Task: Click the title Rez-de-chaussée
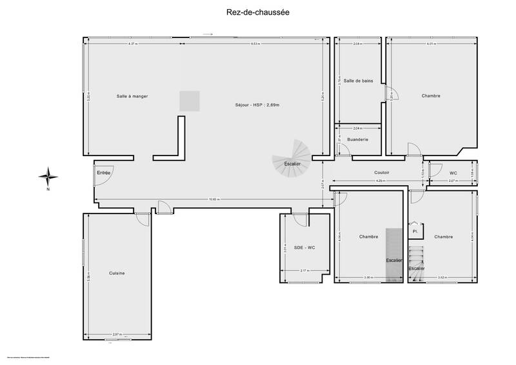pos(257,11)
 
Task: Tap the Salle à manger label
pos(132,96)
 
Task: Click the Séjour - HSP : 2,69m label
pos(257,104)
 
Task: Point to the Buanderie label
pos(357,140)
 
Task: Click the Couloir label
pos(381,172)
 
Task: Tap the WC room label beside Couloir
pos(453,172)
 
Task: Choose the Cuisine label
pos(117,273)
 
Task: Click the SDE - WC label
pos(304,248)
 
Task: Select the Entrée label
pos(103,173)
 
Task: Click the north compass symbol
pos(48,175)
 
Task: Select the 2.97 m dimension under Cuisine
pos(116,334)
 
